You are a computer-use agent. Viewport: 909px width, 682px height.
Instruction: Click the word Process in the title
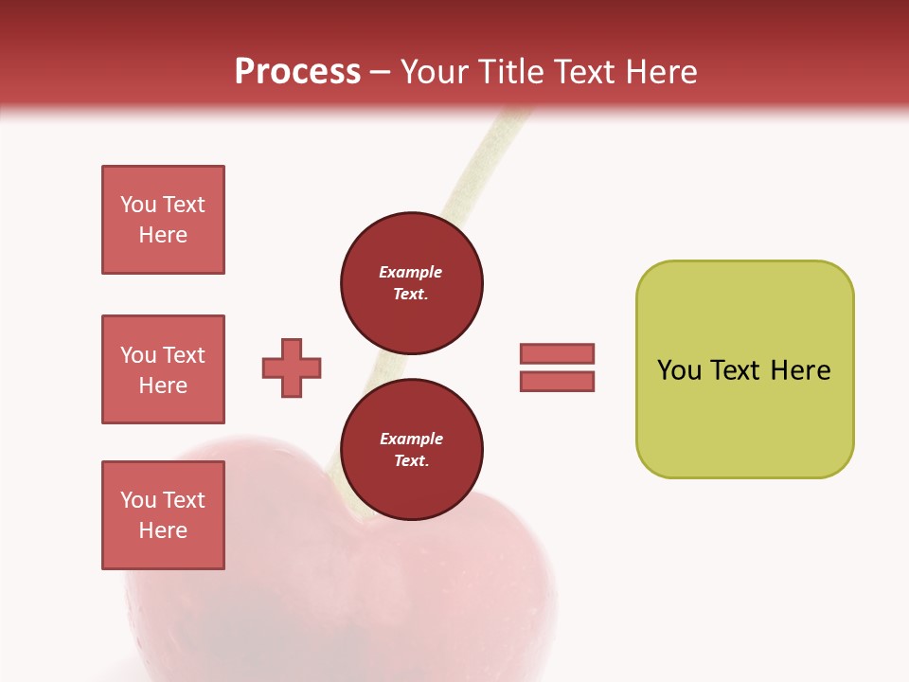tap(297, 72)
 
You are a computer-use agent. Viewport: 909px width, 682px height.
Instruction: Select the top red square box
tap(163, 220)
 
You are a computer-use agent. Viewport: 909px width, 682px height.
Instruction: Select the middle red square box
tap(163, 369)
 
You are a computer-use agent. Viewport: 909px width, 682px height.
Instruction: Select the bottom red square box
tap(163, 515)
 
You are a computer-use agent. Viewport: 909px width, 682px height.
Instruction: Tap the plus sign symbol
tap(292, 368)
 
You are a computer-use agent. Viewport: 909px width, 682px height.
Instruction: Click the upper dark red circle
tap(412, 283)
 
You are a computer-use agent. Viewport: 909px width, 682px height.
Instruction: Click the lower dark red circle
tap(412, 450)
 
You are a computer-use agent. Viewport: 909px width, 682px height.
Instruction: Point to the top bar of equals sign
tap(557, 353)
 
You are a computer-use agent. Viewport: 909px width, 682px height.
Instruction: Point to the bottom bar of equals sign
tap(557, 382)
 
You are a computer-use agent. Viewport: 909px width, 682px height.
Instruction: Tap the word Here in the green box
tap(800, 370)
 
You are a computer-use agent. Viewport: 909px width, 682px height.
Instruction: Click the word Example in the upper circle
tap(410, 272)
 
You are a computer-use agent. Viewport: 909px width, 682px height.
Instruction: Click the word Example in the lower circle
tap(411, 439)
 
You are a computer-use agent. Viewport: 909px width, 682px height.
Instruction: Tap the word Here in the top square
tap(163, 235)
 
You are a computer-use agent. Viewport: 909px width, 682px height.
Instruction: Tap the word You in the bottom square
tap(138, 499)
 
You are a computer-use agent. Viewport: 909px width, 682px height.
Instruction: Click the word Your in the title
tap(436, 72)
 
